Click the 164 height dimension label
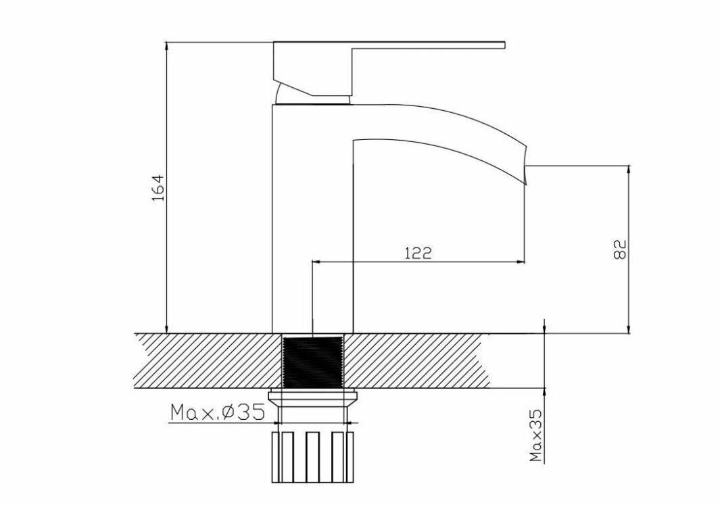click(158, 187)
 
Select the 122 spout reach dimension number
click(418, 253)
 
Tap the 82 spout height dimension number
click(620, 249)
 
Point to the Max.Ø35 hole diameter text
click(218, 412)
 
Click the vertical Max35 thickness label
click(536, 435)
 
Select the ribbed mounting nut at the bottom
click(313, 457)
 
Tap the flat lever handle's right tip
click(504, 45)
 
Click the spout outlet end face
click(525, 165)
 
